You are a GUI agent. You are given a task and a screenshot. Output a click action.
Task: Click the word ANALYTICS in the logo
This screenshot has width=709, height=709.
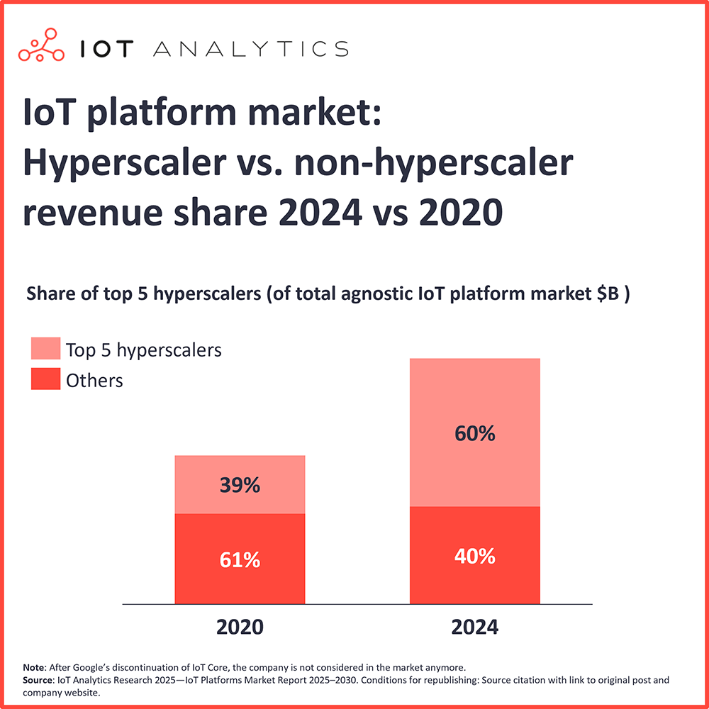250,49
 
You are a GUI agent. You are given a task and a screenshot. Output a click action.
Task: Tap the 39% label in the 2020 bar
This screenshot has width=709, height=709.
240,486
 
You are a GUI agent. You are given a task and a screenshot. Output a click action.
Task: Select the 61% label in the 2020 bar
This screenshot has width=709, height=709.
240,559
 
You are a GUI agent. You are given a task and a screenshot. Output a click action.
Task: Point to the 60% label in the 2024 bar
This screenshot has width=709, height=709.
474,433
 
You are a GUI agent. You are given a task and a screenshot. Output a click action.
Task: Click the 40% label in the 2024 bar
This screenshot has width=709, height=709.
474,557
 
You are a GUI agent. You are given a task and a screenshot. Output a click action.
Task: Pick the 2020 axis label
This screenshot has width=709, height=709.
240,627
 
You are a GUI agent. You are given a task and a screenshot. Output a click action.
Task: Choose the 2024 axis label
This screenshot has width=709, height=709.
474,627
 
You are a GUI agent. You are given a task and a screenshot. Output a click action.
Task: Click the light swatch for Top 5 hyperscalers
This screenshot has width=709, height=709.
45,349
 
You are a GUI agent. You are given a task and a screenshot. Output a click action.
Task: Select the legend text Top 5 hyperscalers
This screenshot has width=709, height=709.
144,350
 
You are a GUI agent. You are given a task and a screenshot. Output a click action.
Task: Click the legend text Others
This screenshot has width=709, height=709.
94,381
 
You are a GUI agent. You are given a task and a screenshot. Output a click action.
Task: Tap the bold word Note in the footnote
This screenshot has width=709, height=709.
33,667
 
